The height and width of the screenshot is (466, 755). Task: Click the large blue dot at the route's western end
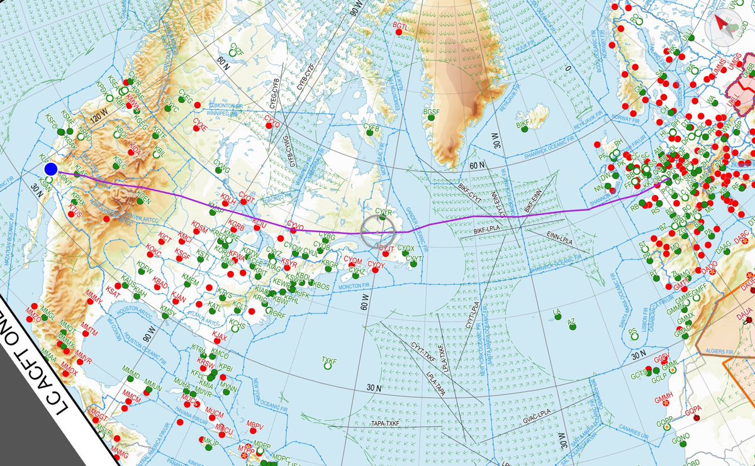pyautogui.click(x=52, y=169)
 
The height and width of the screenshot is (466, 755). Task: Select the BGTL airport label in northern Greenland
pyautogui.click(x=401, y=26)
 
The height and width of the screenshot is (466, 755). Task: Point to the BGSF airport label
pyautogui.click(x=432, y=112)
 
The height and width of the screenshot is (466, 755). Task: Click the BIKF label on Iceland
pyautogui.click(x=523, y=125)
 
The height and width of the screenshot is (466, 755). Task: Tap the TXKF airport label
pyautogui.click(x=329, y=361)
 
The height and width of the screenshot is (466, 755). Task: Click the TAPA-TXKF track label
pyautogui.click(x=386, y=424)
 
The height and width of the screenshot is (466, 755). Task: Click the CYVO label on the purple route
pyautogui.click(x=294, y=224)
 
